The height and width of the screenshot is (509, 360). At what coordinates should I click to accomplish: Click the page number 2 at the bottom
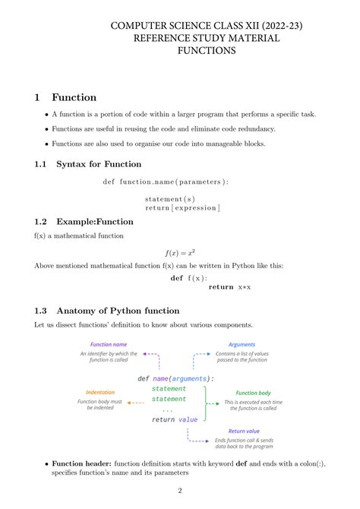180,491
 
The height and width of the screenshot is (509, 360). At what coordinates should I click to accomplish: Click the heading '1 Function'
65,97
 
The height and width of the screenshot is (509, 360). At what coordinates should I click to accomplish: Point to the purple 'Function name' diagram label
109,344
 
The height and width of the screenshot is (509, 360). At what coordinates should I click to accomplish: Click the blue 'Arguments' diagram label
242,344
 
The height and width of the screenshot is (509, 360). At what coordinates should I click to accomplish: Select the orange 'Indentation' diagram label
100,392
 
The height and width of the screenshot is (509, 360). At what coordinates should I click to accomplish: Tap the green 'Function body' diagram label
254,393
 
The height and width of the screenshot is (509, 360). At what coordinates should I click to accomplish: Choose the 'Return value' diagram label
244,431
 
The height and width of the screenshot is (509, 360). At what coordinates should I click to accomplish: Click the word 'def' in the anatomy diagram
143,378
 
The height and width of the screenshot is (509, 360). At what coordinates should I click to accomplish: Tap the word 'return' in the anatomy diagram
163,419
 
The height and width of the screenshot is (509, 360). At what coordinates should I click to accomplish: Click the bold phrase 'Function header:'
82,463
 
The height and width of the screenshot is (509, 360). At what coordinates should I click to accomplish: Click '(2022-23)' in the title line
278,26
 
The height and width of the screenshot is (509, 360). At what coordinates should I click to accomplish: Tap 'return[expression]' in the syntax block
182,207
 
